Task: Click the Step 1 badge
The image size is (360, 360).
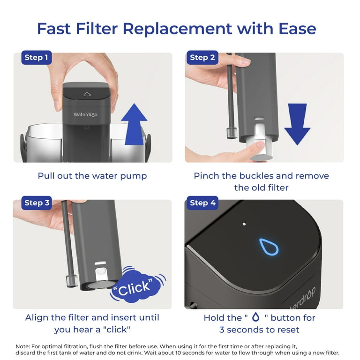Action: (x=37, y=57)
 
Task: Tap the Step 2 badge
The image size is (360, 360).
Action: (x=202, y=57)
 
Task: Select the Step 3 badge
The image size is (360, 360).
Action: (x=37, y=202)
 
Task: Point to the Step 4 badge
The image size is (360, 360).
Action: (x=202, y=202)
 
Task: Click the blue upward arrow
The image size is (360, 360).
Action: (x=134, y=124)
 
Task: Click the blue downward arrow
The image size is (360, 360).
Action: (x=297, y=124)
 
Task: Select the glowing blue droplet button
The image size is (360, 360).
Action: (x=269, y=247)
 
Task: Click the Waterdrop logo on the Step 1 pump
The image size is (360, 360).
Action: (x=85, y=114)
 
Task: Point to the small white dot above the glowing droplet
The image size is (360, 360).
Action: (x=244, y=224)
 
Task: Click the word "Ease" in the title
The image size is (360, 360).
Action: (x=297, y=29)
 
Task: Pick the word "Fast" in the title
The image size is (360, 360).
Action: (x=54, y=29)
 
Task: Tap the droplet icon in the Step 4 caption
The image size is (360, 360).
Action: (x=256, y=317)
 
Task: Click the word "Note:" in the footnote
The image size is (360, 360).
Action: (x=22, y=346)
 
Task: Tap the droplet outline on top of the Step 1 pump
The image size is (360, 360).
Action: (x=87, y=94)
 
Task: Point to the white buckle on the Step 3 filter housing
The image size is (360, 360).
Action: (x=101, y=271)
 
